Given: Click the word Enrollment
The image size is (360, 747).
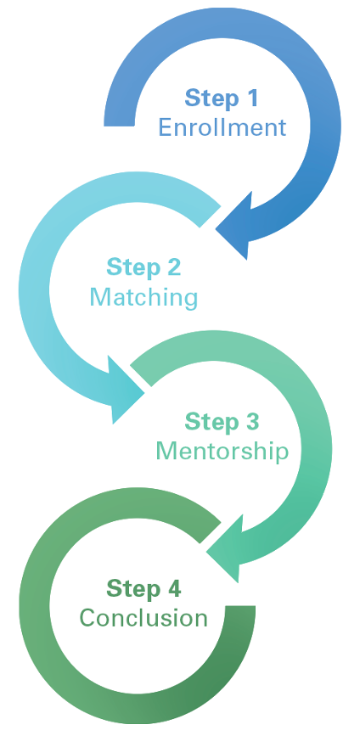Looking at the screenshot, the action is click(222, 127).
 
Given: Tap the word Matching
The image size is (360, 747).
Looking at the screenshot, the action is click(143, 298).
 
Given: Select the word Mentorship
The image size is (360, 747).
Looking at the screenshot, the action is click(222, 451).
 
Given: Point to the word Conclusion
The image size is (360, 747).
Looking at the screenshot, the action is click(143, 618).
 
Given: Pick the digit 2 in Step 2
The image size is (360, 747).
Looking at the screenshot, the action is click(174, 267).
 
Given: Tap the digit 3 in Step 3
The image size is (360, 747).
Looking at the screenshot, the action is click(252, 422).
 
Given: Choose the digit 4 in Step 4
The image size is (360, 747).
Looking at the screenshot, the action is click(173, 589).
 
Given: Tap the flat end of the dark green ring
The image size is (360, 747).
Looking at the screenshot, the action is click(240, 606).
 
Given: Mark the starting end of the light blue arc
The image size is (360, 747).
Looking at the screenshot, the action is click(211, 216).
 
